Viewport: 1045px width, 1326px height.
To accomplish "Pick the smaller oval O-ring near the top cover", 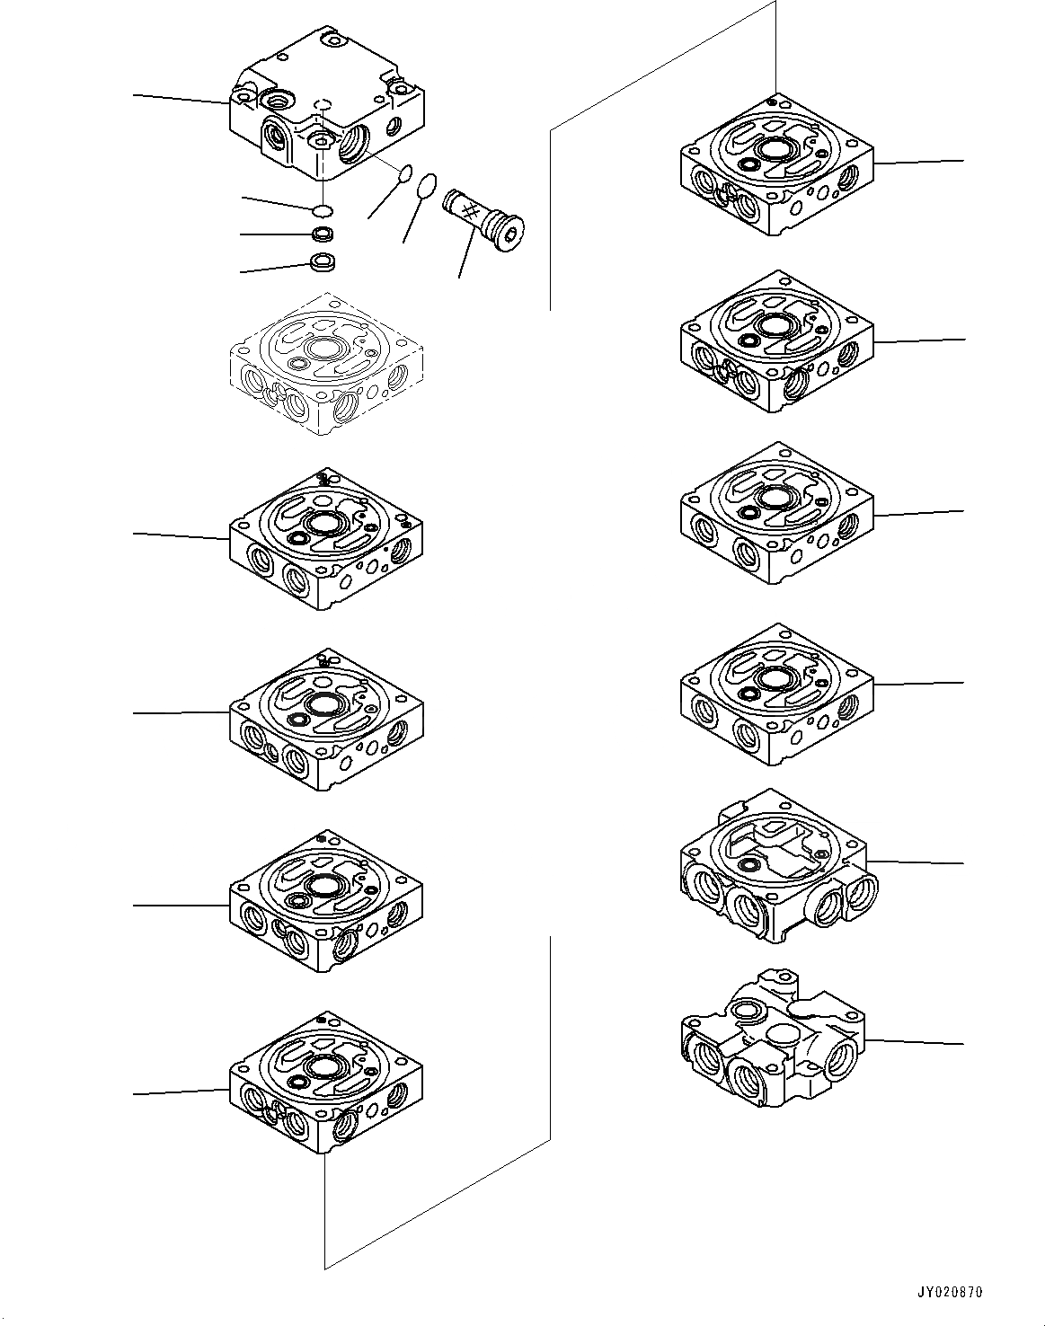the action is click(404, 173).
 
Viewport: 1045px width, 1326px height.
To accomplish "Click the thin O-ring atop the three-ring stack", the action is click(322, 211).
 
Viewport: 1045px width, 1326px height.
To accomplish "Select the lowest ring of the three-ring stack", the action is click(323, 262).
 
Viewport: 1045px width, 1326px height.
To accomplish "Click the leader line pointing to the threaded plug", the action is click(466, 252).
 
